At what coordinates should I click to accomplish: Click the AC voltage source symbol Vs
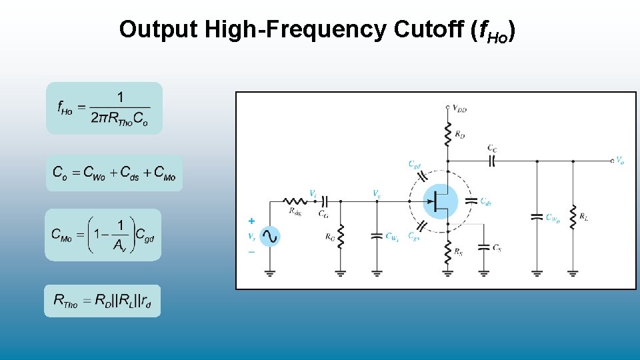[x=269, y=236]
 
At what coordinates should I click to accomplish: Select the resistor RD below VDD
[x=448, y=135]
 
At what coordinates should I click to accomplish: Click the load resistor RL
[x=573, y=217]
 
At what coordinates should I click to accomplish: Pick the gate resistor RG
[x=341, y=235]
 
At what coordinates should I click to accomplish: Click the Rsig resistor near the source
[x=294, y=201]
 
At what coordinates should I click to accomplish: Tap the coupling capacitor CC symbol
[x=493, y=160]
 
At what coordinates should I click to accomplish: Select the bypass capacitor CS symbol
[x=484, y=247]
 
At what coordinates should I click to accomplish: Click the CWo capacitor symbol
[x=537, y=217]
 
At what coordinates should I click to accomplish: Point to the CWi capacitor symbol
[x=377, y=235]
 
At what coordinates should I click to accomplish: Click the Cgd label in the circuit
[x=414, y=164]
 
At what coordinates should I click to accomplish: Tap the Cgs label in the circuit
[x=414, y=237]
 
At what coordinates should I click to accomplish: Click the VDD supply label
[x=459, y=107]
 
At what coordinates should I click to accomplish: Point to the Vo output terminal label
[x=620, y=160]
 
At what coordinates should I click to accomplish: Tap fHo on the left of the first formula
[x=65, y=107]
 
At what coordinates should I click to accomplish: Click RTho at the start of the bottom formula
[x=66, y=301]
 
